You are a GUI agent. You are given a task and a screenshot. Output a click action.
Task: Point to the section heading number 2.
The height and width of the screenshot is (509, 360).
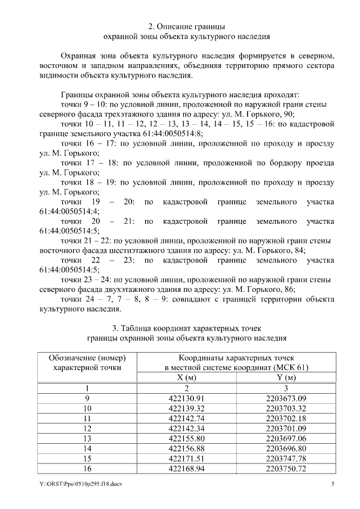tap(150, 26)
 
